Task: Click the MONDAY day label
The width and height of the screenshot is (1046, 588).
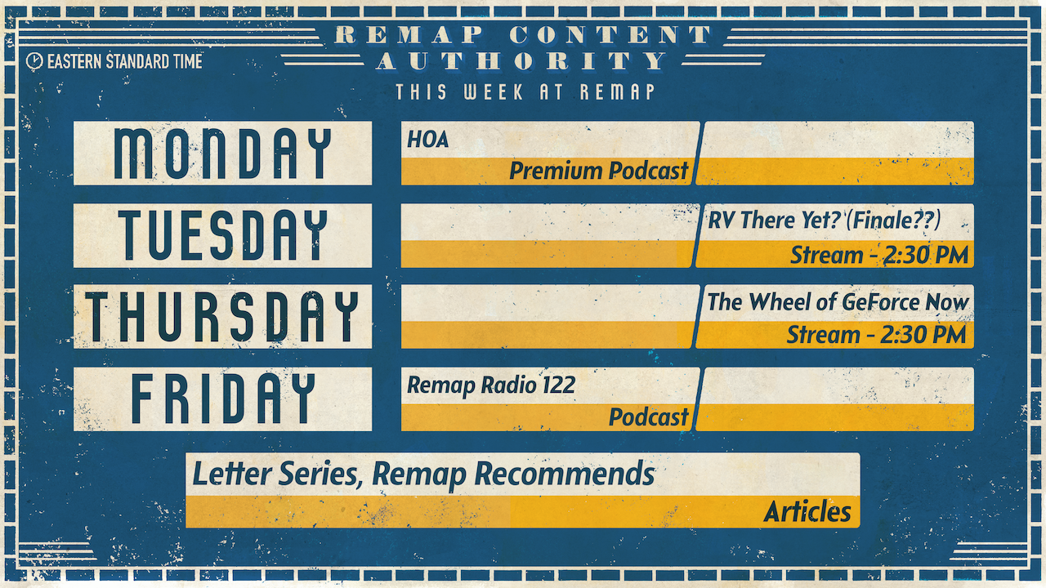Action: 222,154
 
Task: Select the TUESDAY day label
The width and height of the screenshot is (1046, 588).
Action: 222,235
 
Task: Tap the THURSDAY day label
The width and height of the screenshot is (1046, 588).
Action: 222,317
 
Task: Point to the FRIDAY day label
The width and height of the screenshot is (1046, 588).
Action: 222,399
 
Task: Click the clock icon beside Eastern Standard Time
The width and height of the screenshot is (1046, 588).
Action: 34,60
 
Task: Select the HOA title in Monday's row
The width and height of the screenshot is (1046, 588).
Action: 428,140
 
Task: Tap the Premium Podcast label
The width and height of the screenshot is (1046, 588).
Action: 599,171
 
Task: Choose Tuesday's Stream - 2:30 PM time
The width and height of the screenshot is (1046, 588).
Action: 878,255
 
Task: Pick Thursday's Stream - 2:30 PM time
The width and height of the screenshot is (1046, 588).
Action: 876,335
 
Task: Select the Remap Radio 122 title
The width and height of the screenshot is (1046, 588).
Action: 491,385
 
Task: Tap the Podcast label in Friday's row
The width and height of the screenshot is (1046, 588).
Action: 649,417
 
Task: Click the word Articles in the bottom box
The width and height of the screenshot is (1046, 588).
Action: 807,512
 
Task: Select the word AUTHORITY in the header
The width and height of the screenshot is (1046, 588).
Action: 522,61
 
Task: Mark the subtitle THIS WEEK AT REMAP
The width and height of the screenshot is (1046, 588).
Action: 525,91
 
